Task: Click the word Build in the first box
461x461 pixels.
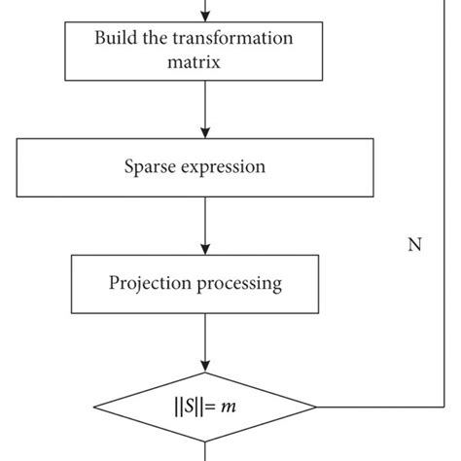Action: point(116,39)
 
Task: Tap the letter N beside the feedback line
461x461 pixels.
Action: point(413,245)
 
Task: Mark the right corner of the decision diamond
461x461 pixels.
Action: point(317,406)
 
